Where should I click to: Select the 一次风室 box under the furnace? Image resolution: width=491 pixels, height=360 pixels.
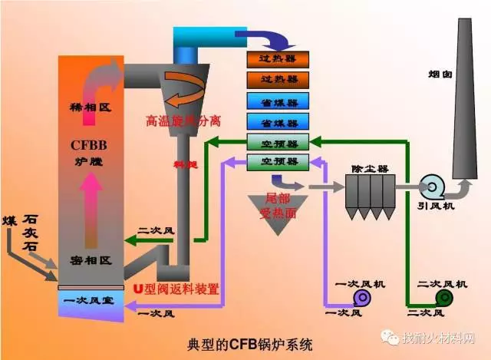[x=89, y=300]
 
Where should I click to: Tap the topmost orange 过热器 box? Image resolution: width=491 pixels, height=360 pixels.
[x=277, y=58]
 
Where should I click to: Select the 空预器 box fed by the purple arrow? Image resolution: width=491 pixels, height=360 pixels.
[x=277, y=160]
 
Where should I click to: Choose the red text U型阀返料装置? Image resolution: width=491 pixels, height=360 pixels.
[x=176, y=289]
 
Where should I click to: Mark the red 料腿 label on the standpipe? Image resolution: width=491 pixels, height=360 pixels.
[x=181, y=163]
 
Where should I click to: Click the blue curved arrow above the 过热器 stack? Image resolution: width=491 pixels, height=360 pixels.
[x=268, y=39]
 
